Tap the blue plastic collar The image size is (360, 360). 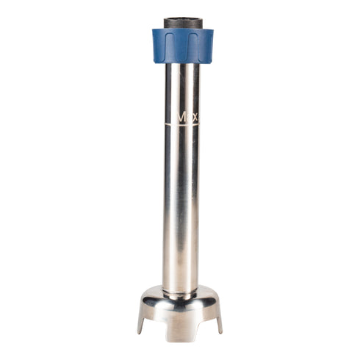[182, 46]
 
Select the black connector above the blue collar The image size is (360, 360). [182, 22]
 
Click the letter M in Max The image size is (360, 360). [179, 115]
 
